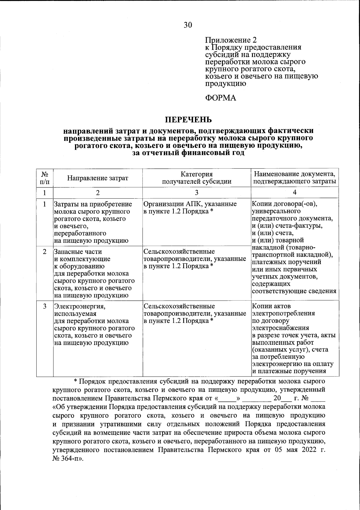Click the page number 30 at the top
coord(188,25)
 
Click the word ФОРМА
coord(220,98)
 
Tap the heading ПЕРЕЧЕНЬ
coord(189,120)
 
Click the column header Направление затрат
coord(97,178)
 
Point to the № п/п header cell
coord(45,178)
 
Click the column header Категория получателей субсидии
coord(196,178)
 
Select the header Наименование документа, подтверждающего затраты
coord(295,178)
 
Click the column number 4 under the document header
coord(295,192)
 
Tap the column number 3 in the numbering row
coord(196,193)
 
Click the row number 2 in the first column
coord(45,252)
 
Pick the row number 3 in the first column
coord(45,306)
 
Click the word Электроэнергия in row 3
coord(79,306)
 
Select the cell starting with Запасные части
coord(94,273)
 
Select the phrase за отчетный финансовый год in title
coord(188,153)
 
